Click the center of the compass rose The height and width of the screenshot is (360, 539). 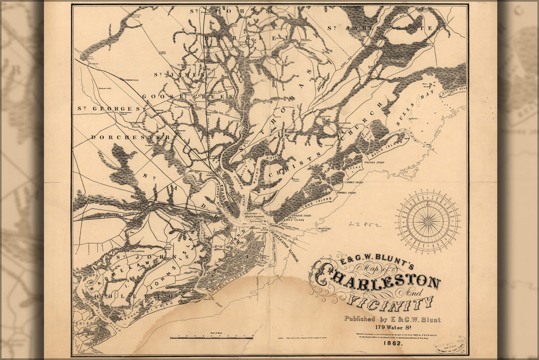(x=428, y=222)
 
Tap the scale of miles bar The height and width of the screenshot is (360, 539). (x=211, y=338)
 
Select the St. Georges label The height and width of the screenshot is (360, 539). (x=109, y=109)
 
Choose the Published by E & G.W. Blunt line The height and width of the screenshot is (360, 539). (x=392, y=319)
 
